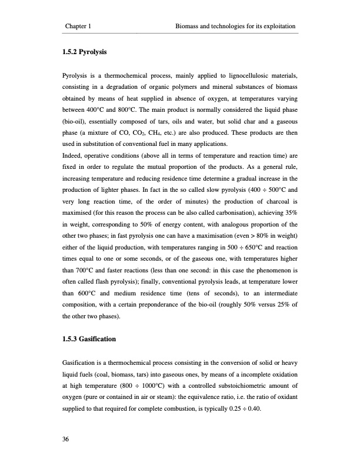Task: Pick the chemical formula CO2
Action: point(150,133)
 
